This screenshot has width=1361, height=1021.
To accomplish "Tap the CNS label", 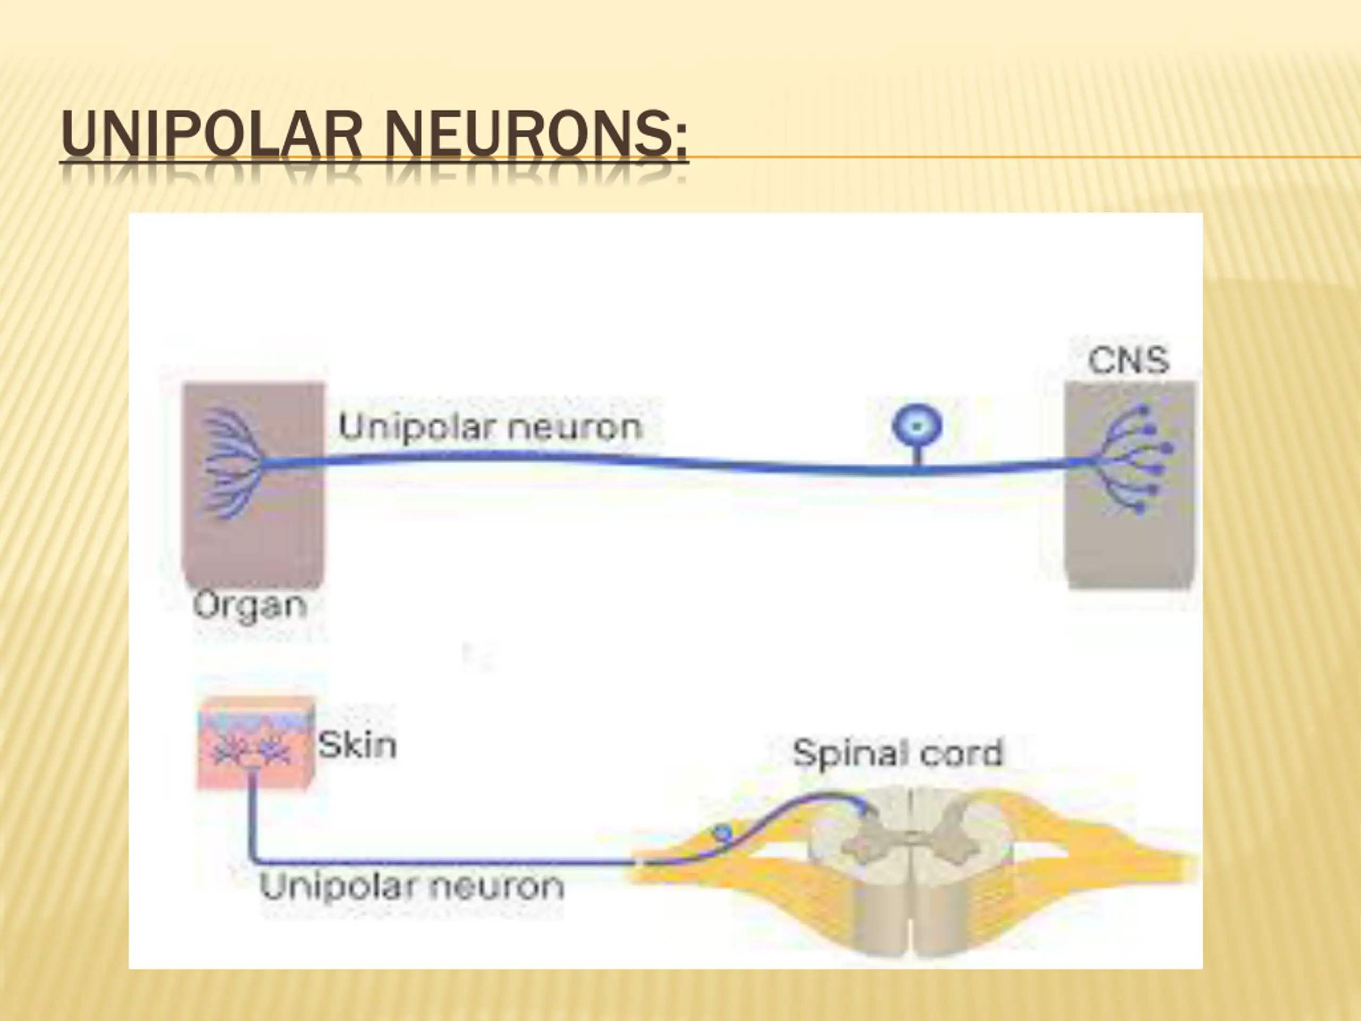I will tap(1128, 361).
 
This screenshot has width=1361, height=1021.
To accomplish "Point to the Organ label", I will tap(250, 606).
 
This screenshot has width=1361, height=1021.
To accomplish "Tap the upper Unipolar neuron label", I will tap(490, 426).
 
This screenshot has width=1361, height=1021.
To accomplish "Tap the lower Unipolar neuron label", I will tap(411, 887).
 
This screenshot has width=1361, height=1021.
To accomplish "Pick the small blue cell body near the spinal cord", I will tap(723, 833).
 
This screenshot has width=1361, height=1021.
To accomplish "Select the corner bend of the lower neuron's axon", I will tap(253, 860).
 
